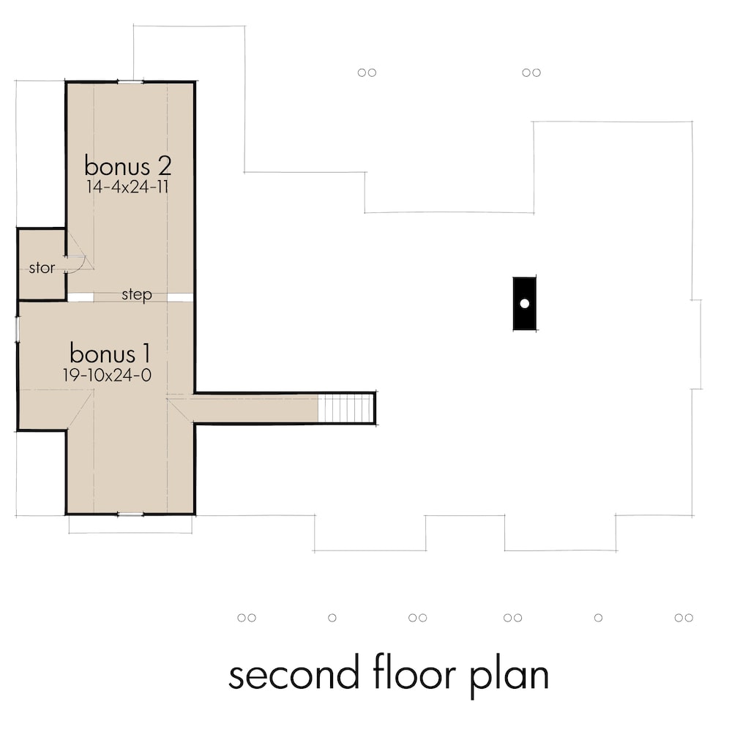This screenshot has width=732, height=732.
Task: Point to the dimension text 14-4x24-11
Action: [x=127, y=186]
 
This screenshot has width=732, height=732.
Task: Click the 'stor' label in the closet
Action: [x=42, y=268]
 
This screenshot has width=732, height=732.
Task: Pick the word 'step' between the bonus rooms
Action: [x=137, y=295]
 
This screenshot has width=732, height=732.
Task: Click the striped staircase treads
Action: [x=346, y=408]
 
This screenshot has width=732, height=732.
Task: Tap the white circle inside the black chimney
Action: [x=524, y=303]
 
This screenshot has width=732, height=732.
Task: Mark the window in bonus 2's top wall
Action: [x=130, y=82]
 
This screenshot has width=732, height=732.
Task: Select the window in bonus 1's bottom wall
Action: [x=130, y=515]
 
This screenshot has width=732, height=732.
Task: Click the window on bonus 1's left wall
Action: [x=18, y=329]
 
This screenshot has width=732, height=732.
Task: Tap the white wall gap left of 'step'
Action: [x=81, y=297]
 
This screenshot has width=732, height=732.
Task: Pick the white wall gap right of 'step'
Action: [x=180, y=297]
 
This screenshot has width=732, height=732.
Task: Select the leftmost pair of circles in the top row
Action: [x=367, y=72]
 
